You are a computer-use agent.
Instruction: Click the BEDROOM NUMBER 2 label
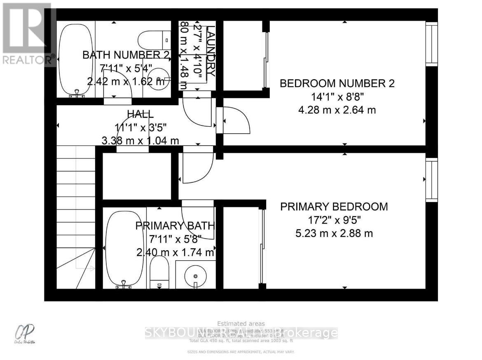(x=337, y=84)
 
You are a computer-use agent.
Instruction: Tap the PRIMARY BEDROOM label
(x=334, y=207)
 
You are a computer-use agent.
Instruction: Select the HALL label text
(x=140, y=114)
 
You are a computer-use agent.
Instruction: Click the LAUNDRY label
(x=210, y=51)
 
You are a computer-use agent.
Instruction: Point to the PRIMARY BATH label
(x=175, y=226)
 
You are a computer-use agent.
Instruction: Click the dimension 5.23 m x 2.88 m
(x=334, y=233)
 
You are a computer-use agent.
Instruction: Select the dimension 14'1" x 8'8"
(x=337, y=97)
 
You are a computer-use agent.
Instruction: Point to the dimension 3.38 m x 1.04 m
(x=140, y=140)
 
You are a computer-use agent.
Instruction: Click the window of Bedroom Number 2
(x=431, y=43)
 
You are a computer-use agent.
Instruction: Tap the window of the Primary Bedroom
(x=431, y=179)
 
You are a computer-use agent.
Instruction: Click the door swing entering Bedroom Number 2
(x=236, y=120)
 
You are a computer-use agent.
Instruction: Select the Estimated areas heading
(x=241, y=324)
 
